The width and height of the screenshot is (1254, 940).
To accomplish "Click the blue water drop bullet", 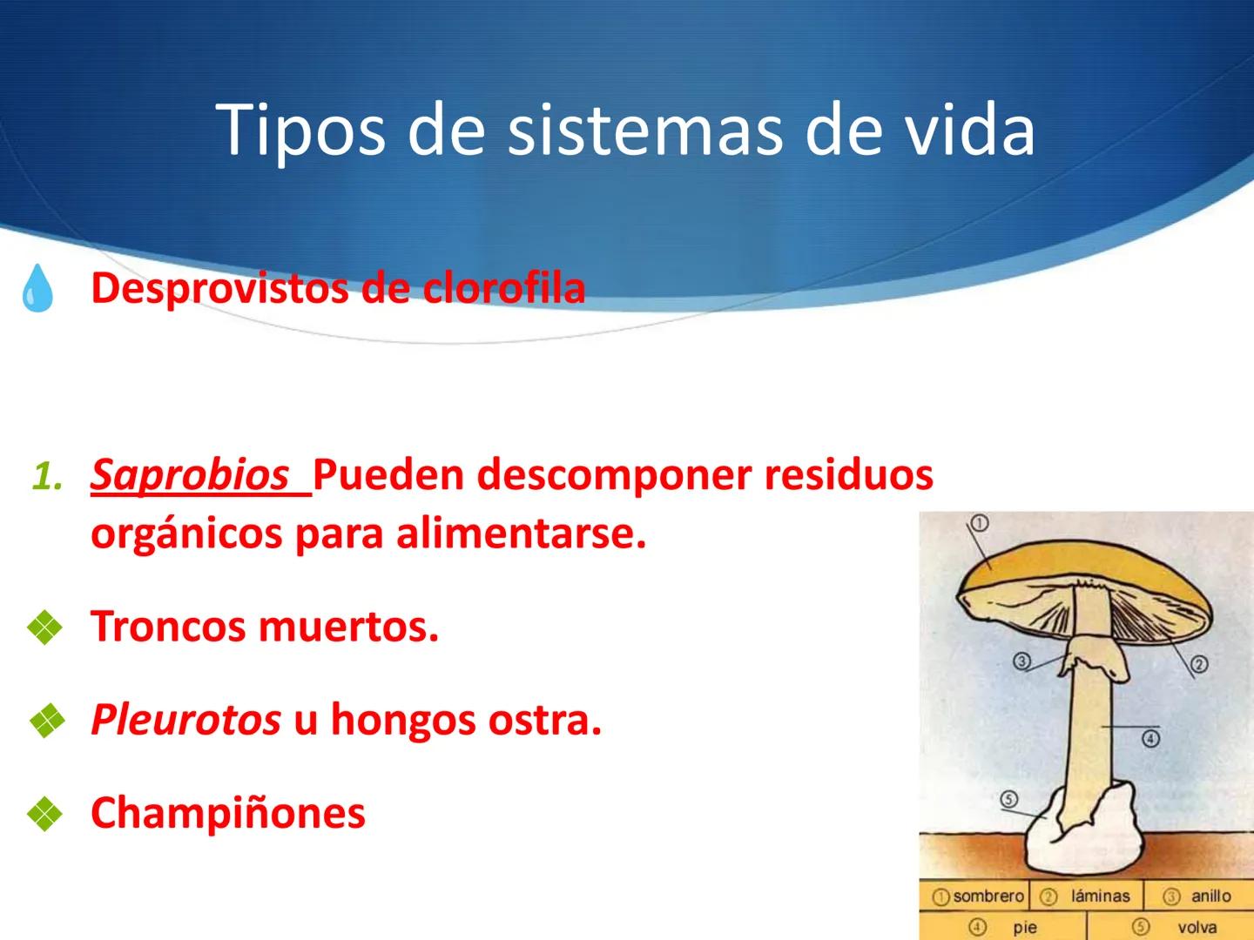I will point(37,289).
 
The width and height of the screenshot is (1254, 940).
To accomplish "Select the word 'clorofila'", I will point(504,288).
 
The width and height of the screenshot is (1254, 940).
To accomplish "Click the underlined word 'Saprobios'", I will point(190,475).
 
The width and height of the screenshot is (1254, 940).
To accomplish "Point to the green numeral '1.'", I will point(47,476).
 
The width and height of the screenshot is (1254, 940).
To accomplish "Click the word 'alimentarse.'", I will point(522,534).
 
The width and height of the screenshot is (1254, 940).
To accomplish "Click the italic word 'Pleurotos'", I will point(185,721).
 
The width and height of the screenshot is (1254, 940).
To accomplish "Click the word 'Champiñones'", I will point(228,813).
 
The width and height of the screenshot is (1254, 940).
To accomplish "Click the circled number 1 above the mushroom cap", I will point(979,523).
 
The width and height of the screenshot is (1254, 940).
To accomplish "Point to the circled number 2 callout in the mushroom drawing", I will point(1199,665).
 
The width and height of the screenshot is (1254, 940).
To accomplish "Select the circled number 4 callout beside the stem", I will point(1150,739).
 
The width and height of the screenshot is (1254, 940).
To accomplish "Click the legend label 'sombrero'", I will point(988,896).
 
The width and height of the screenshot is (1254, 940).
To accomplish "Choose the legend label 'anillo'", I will point(1210,896).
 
